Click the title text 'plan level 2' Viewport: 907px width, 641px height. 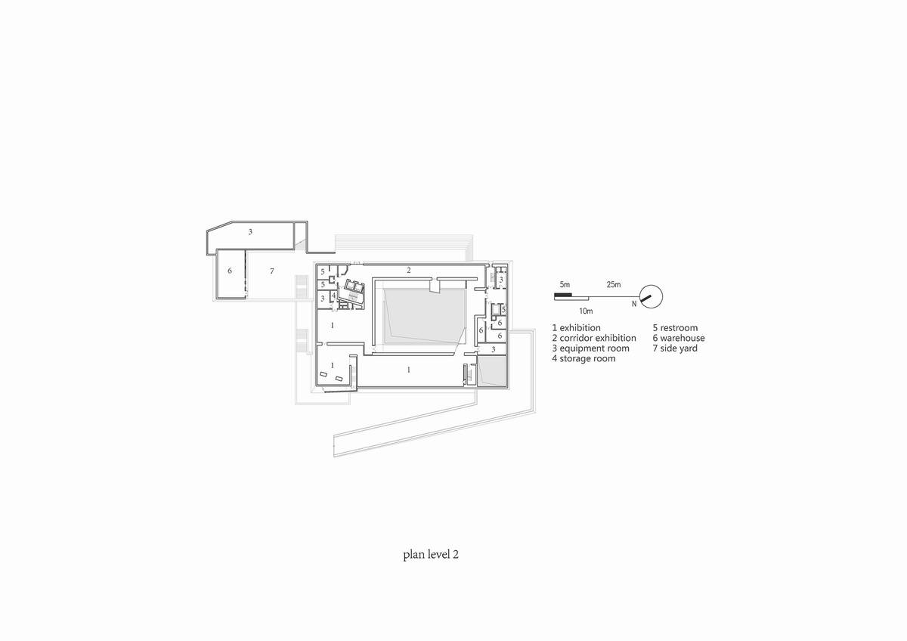431,554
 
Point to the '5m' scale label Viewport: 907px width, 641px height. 564,284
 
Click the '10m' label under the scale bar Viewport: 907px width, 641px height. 585,311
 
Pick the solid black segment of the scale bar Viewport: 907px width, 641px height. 563,296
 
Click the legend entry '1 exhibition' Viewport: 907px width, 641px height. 576,328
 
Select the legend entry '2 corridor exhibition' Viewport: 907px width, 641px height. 593,338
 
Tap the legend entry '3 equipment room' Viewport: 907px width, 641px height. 590,348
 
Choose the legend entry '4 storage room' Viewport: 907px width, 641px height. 583,358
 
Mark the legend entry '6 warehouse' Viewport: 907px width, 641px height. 679,338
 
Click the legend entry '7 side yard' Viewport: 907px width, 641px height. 675,348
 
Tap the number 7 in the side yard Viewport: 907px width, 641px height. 270,270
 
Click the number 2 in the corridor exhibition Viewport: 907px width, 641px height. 408,270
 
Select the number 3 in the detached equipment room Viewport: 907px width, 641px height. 249,232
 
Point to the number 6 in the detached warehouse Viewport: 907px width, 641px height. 229,270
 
